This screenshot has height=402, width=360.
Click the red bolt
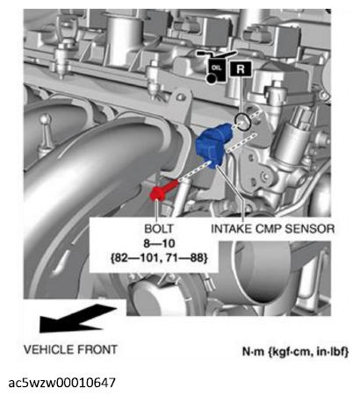(162, 190)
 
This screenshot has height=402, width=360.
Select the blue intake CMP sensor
(213, 146)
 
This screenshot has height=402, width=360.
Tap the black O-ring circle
(242, 122)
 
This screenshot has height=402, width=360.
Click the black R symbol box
(241, 69)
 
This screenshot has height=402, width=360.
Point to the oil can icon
(216, 68)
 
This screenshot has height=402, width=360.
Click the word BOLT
(159, 229)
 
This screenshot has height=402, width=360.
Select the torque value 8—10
(159, 243)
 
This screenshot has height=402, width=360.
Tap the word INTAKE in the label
(231, 229)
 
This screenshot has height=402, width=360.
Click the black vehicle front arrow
(76, 319)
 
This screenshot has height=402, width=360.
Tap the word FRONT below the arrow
(97, 349)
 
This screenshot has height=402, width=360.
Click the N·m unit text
(253, 351)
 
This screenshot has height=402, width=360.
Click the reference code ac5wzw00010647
(62, 383)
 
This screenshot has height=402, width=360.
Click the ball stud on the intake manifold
(46, 129)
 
